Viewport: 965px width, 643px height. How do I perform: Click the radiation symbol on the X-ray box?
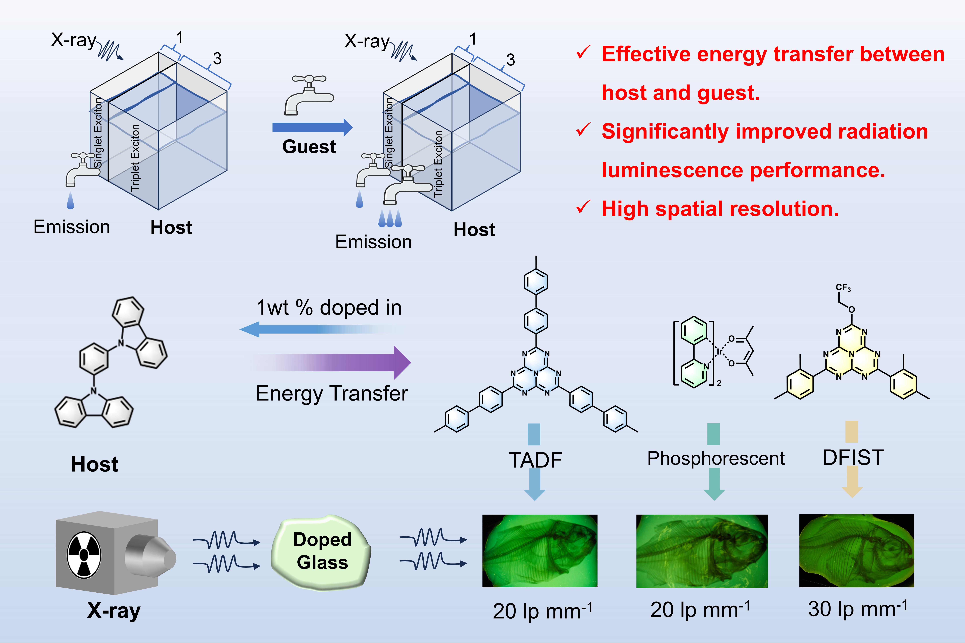(84, 555)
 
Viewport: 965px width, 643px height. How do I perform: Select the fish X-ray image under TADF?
(540, 551)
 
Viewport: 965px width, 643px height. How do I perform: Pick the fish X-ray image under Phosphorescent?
(702, 551)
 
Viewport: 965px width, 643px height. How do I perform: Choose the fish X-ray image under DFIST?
(857, 550)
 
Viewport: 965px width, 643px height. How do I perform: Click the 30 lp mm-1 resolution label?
(857, 609)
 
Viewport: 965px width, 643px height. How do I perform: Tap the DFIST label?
(853, 457)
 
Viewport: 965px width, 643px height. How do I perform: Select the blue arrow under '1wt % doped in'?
(322, 329)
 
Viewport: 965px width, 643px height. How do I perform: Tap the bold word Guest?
(309, 146)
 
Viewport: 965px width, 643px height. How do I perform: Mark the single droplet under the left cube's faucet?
(71, 201)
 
